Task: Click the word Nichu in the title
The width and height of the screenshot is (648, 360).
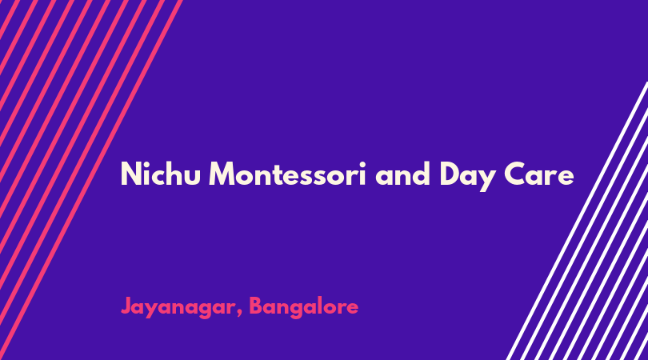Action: pyautogui.click(x=160, y=174)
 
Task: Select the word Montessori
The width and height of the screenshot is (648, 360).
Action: pyautogui.click(x=288, y=174)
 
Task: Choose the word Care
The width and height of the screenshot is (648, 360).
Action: pyautogui.click(x=539, y=174)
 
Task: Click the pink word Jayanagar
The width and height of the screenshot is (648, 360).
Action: pyautogui.click(x=178, y=308)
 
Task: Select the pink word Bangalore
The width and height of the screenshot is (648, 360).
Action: pyautogui.click(x=304, y=308)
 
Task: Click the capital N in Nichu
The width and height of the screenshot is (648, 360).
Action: pyautogui.click(x=130, y=174)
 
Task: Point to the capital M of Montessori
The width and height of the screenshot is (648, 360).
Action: pyautogui.click(x=222, y=174)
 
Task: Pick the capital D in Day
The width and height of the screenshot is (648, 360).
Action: pyautogui.click(x=450, y=174)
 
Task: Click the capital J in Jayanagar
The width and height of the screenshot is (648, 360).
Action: pyautogui.click(x=126, y=306)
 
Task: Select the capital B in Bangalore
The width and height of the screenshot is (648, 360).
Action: pyautogui.click(x=257, y=306)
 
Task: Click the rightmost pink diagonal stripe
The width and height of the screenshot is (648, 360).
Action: pyautogui.click(x=91, y=180)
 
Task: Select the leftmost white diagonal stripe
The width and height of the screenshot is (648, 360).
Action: pyautogui.click(x=578, y=221)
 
